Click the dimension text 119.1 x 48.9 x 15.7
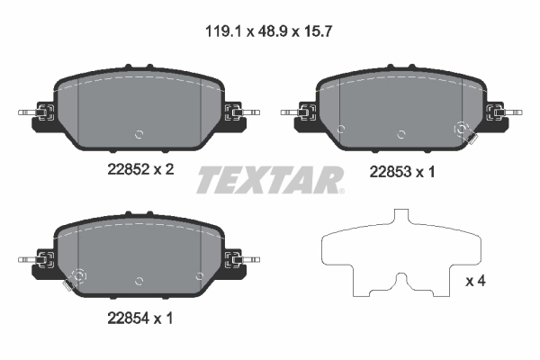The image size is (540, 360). pos(271,29)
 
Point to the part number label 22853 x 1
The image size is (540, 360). pos(401,172)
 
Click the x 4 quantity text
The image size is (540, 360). pos(474,282)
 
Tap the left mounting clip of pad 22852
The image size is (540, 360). pos(40,113)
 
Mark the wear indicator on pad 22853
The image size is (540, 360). pos(465,134)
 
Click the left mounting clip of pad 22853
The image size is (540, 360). pos(304,113)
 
